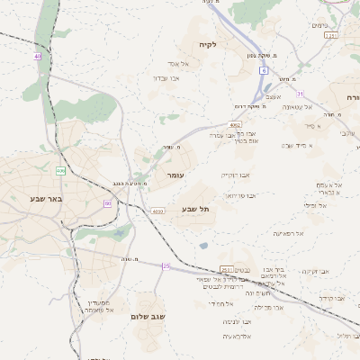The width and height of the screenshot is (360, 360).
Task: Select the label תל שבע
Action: (195, 209)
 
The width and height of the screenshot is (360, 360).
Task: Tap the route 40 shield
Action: (38, 57)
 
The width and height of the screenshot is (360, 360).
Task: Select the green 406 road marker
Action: (60, 170)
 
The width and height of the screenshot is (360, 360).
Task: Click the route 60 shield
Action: (107, 203)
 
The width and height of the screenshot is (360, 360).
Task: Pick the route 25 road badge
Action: (166, 266)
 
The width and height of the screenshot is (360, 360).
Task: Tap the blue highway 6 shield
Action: (264, 69)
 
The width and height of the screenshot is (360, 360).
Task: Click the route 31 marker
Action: (301, 94)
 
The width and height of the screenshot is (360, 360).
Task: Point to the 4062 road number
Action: (235, 125)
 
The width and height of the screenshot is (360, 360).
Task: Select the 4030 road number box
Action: (158, 211)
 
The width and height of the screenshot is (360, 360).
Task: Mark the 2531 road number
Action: (224, 269)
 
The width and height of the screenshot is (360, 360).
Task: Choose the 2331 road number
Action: (331, 36)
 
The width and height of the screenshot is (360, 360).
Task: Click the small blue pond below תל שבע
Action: (204, 244)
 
